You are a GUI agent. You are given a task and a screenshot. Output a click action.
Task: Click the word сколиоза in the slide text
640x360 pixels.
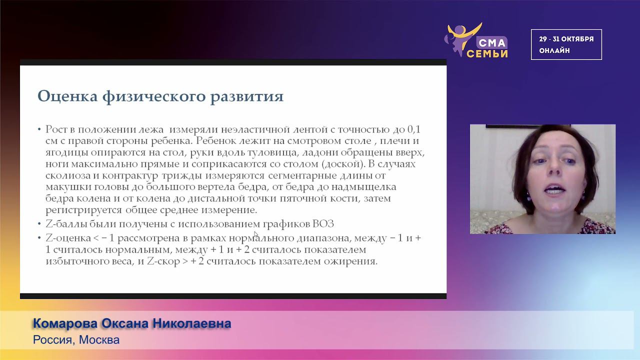[65, 175]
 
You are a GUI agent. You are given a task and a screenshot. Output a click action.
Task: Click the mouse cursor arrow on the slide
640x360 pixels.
[256, 233]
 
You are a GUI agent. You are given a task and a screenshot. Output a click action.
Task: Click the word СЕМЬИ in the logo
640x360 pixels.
[487, 53]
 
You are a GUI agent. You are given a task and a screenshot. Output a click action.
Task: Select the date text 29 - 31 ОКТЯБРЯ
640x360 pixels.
[566, 39]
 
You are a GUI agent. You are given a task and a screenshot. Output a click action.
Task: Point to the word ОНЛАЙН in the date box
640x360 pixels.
[554, 50]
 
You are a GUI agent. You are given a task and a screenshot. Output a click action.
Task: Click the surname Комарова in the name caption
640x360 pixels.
[65, 324]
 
